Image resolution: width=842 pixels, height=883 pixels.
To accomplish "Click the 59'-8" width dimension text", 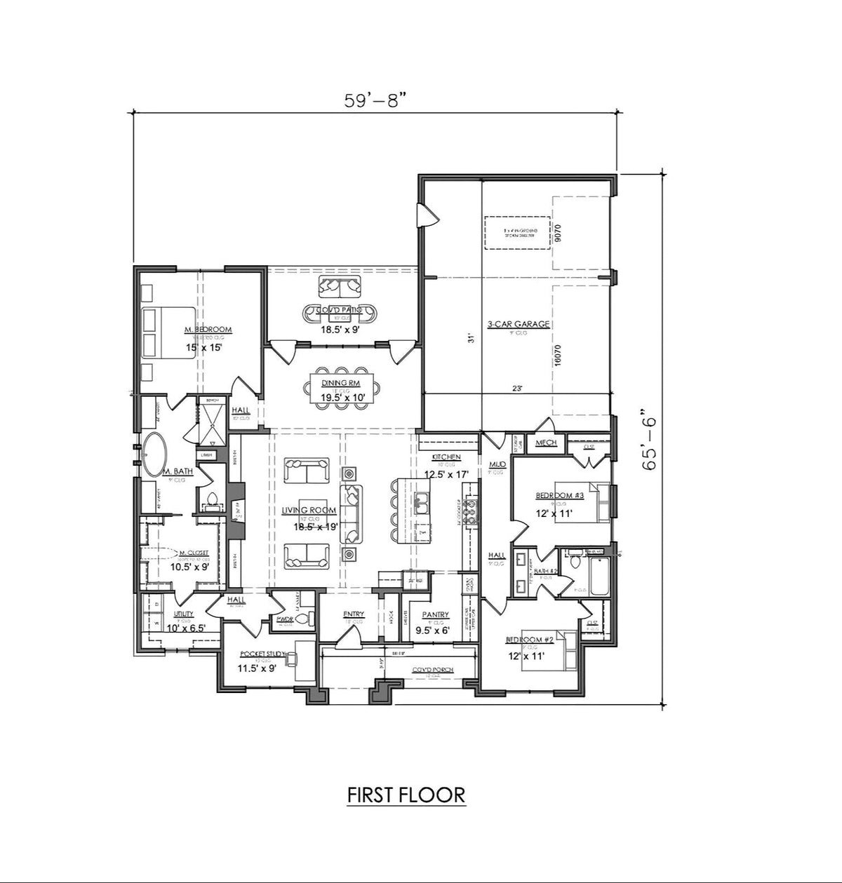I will (375, 100).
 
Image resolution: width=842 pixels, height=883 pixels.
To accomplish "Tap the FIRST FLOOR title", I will (406, 795).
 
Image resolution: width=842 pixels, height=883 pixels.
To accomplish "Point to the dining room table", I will (344, 386).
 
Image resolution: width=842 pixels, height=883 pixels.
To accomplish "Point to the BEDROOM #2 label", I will (530, 640).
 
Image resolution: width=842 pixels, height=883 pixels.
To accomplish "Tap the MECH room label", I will (546, 443).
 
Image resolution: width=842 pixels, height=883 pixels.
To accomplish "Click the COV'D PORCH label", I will (432, 670).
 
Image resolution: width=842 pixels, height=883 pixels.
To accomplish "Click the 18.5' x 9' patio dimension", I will (340, 328).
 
